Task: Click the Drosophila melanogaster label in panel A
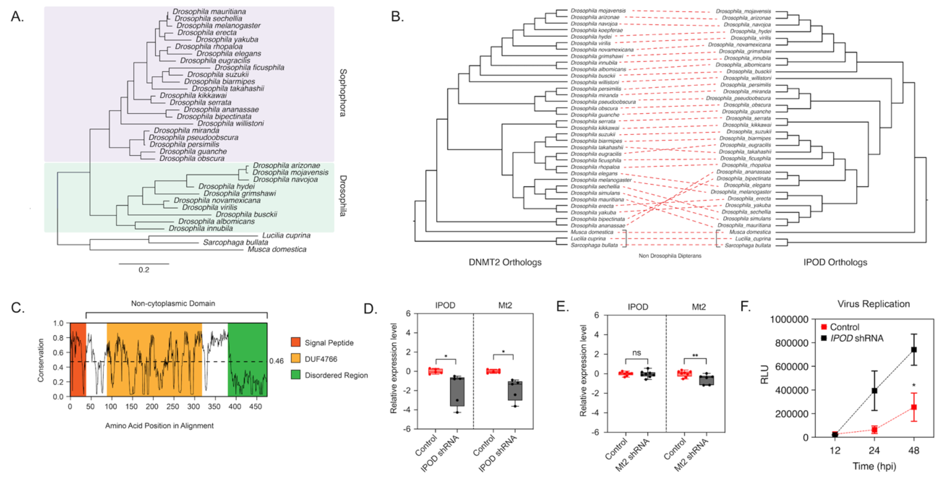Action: (x=218, y=25)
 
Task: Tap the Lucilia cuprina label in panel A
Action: (x=286, y=235)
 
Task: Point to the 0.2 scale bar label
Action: (x=144, y=270)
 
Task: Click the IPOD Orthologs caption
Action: (x=835, y=262)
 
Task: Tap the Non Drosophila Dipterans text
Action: (x=670, y=256)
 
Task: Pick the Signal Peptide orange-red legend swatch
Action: (x=295, y=343)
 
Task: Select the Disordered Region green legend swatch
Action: (x=295, y=375)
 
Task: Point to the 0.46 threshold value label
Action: (x=276, y=361)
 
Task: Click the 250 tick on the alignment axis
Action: (x=173, y=407)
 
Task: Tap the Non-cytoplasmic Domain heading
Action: (x=173, y=303)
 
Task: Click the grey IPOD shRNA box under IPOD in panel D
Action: (x=457, y=392)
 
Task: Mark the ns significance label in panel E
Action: (x=637, y=353)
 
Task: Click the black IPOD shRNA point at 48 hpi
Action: (x=914, y=350)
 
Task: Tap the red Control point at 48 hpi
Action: (x=914, y=407)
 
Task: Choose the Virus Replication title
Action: (x=874, y=304)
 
